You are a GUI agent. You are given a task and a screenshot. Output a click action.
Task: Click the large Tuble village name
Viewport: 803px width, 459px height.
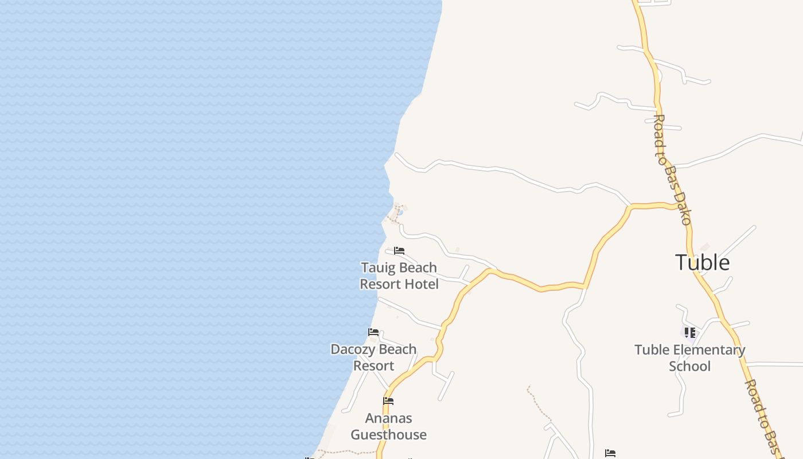[702, 262]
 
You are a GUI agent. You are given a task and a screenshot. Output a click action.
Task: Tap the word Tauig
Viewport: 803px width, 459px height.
[378, 268]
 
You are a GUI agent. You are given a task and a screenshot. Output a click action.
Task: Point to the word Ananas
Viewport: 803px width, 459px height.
[388, 418]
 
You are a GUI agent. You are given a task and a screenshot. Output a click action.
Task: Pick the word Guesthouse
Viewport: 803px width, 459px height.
[388, 435]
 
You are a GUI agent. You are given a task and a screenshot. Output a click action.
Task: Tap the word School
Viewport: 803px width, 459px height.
[689, 367]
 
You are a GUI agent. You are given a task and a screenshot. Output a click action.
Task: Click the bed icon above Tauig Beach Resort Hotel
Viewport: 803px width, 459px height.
[399, 251]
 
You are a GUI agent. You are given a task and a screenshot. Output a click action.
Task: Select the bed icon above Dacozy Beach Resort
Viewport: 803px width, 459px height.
[373, 332]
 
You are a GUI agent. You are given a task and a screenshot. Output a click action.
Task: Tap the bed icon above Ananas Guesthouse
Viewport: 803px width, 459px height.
[388, 401]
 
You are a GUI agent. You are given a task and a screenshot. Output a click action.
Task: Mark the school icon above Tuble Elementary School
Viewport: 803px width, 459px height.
[689, 333]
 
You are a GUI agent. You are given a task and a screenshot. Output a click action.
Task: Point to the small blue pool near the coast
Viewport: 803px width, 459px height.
[400, 213]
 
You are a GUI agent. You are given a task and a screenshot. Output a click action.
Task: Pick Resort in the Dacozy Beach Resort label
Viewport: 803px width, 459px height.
[373, 366]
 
